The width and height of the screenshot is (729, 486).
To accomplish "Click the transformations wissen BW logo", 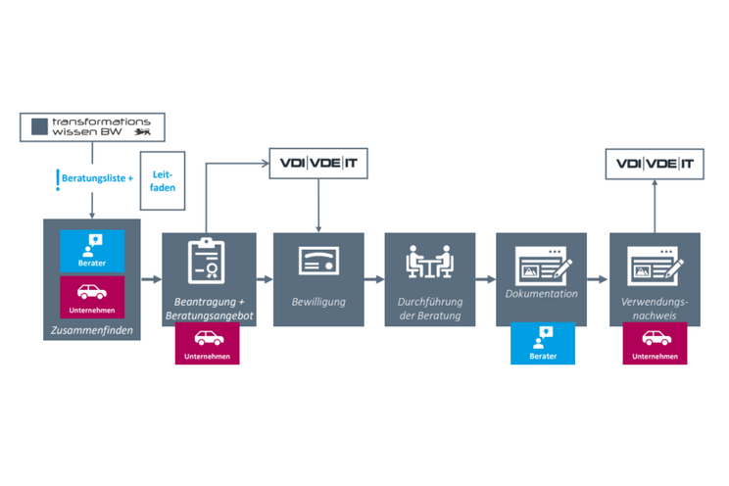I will pos(93,125).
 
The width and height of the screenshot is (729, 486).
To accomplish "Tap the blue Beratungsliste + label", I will pos(96,179).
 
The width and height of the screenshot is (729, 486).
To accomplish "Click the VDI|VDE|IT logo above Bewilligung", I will pos(318,164).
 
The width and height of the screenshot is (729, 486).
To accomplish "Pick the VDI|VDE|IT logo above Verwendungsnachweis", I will pos(654,164).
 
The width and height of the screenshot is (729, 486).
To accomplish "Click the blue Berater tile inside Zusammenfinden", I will pos(92,249).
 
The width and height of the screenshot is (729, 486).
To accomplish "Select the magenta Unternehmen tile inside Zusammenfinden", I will pos(92,297).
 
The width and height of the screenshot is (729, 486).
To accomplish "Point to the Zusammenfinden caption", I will pos(92,331).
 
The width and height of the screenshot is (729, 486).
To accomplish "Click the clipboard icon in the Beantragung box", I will pos(208,260).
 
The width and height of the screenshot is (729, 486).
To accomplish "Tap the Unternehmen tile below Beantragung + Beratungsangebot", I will pos(208,344).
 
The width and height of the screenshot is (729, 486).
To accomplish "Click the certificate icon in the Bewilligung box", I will pos(318,261).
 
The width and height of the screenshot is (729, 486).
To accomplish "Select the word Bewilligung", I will pos(318,302).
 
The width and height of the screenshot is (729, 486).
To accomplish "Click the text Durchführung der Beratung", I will pos(430,309).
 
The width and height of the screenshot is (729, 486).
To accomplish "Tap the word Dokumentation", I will pos(542,293).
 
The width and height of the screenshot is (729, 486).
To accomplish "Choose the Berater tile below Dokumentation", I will pos(542,344).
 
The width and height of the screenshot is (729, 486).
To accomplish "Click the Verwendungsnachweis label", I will pos(654,309).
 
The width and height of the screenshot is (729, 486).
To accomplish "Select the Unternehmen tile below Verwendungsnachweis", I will pos(654,344).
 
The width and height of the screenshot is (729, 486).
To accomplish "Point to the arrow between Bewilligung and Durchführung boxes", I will pos(374,279).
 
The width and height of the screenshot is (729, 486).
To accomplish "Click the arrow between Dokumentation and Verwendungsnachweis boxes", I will pos(598,279).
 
